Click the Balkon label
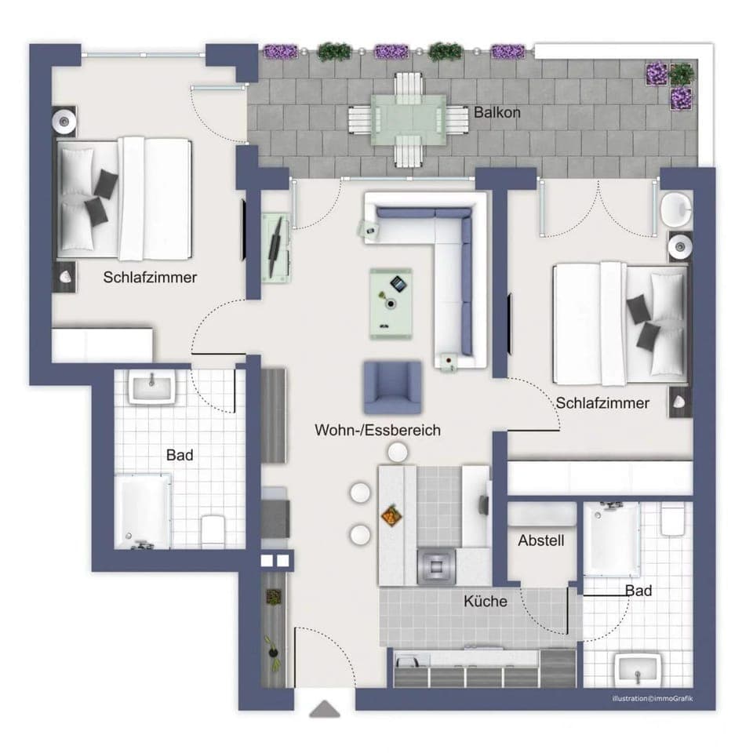pyautogui.click(x=497, y=112)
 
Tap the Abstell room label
pyautogui.click(x=541, y=540)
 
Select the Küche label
pyautogui.click(x=485, y=602)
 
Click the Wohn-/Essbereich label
pyautogui.click(x=377, y=430)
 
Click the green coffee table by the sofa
pyautogui.click(x=393, y=302)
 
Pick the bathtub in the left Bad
pyautogui.click(x=143, y=511)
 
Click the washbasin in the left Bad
pyautogui.click(x=153, y=387)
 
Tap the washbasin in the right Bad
pyautogui.click(x=635, y=670)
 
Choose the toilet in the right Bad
pyautogui.click(x=673, y=518)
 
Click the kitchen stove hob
pyautogui.click(x=436, y=565)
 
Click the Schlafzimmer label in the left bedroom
pyautogui.click(x=150, y=277)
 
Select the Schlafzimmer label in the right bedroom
pyautogui.click(x=602, y=403)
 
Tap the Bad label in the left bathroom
pyautogui.click(x=180, y=454)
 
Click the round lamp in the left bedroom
pyautogui.click(x=64, y=120)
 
